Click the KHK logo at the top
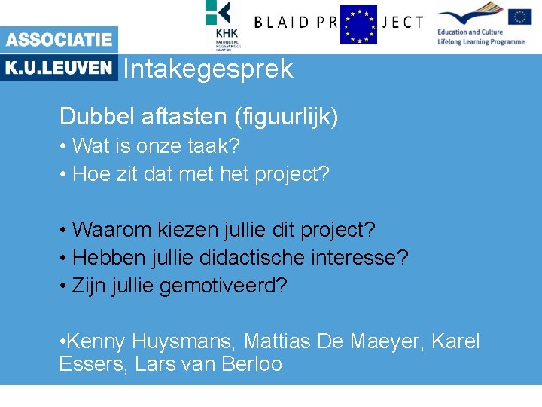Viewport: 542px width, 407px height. [x=224, y=23]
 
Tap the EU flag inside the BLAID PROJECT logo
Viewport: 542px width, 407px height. [x=358, y=24]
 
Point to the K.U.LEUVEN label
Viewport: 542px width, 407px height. [x=59, y=68]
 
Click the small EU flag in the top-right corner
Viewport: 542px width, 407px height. [x=519, y=17]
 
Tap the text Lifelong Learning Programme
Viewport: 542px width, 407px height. [x=481, y=42]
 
